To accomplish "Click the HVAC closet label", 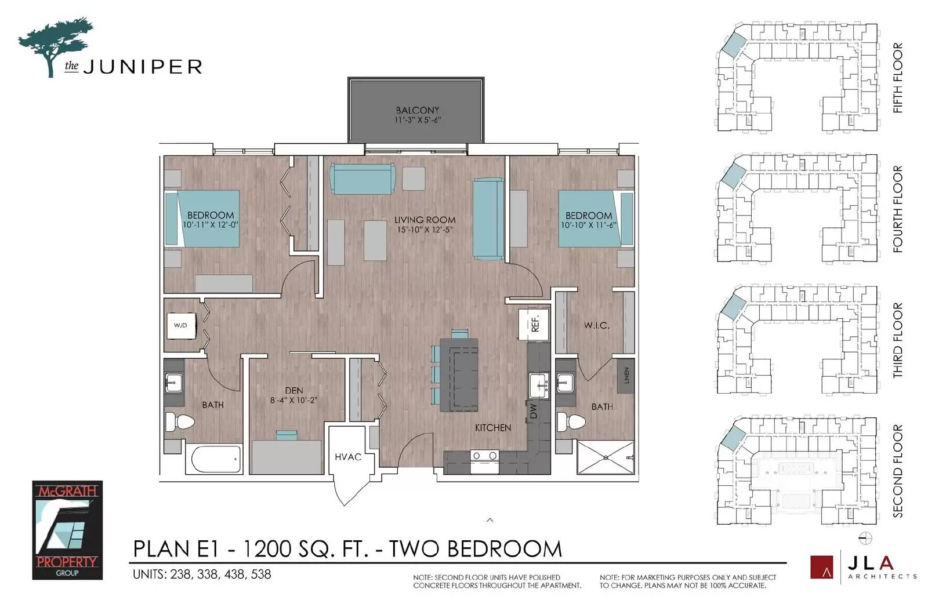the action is click(x=348, y=457).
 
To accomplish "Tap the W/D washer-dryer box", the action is click(x=181, y=326).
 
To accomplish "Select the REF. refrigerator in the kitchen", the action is click(x=534, y=325).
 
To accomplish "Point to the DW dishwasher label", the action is click(x=533, y=411).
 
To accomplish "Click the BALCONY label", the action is click(x=417, y=110).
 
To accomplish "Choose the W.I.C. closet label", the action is click(x=597, y=325).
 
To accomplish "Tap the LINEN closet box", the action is click(x=626, y=375).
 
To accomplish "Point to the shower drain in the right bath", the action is click(x=606, y=457).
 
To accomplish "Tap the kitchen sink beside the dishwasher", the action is click(x=539, y=386).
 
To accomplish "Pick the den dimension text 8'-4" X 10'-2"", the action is click(x=293, y=401).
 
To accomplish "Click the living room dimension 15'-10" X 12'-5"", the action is click(x=425, y=230).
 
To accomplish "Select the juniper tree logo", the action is click(x=56, y=47).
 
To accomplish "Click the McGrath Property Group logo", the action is click(x=67, y=530).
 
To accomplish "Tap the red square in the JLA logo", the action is click(x=822, y=566).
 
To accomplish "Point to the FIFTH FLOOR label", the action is click(x=897, y=78).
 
